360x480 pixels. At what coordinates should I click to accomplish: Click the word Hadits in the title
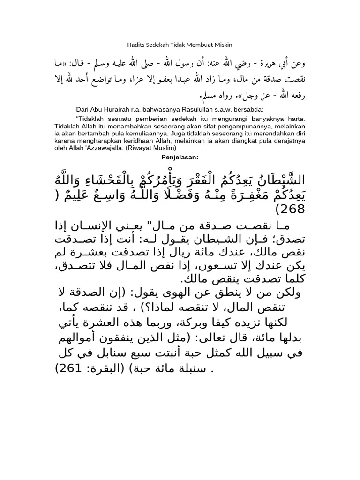(x=135, y=45)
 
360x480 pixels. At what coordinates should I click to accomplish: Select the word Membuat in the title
(x=198, y=45)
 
